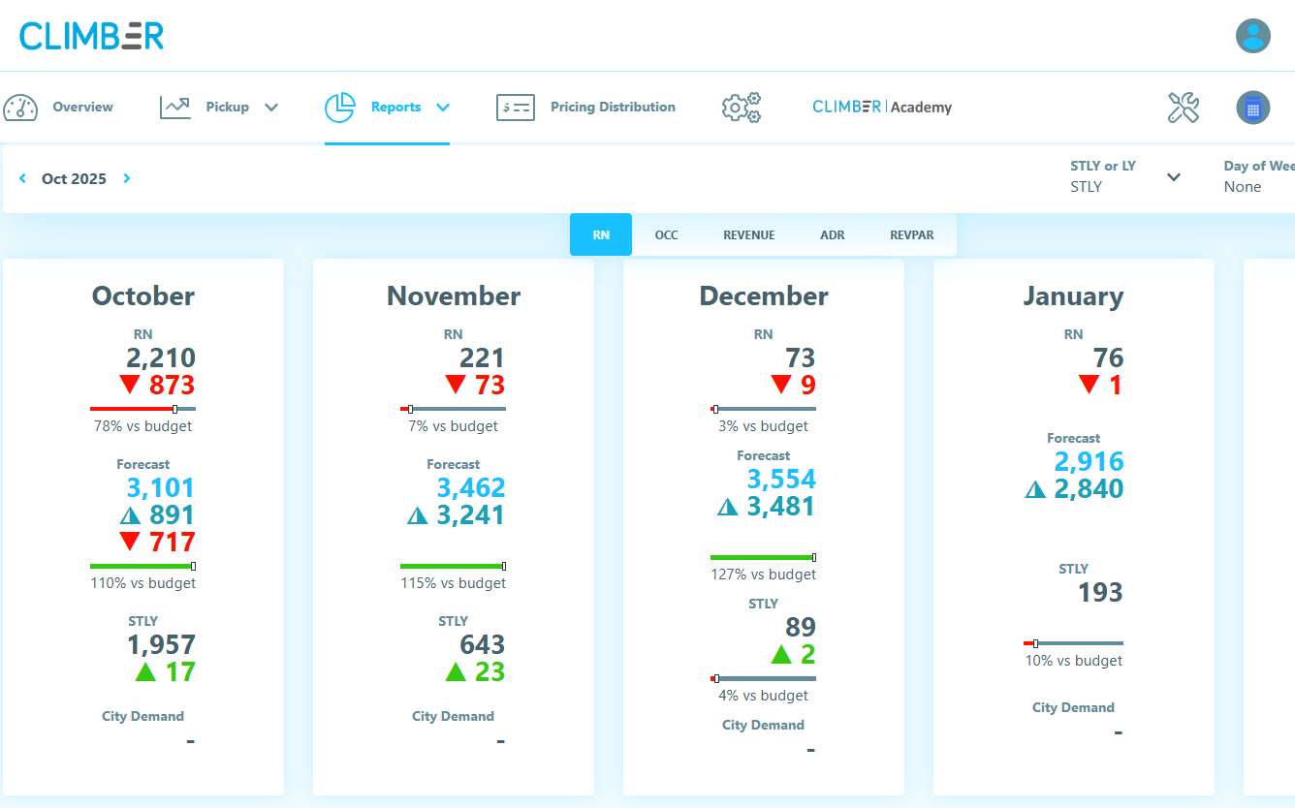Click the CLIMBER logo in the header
[x=91, y=36]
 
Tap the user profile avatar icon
[x=1252, y=36]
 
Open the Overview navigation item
[x=82, y=107]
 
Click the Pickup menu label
[x=227, y=107]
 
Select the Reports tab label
[x=395, y=107]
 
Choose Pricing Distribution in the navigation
[x=613, y=107]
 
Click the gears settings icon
[x=742, y=108]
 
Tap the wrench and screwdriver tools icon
[x=1184, y=108]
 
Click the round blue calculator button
[x=1252, y=108]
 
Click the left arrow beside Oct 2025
[x=22, y=178]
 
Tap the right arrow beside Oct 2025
[x=127, y=178]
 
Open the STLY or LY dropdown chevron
[x=1174, y=177]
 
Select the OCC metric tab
[x=666, y=234]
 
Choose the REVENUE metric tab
[x=748, y=234]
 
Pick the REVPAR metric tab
[x=912, y=234]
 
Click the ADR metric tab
[x=832, y=234]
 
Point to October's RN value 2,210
[x=161, y=357]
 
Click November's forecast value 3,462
[x=470, y=487]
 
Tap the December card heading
[x=763, y=295]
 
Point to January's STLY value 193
[x=1100, y=592]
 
